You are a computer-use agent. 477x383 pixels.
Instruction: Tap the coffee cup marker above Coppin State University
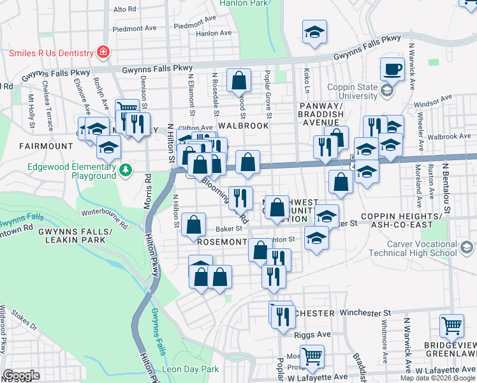[392, 69]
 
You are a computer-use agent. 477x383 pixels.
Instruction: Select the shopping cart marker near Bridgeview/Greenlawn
[451, 326]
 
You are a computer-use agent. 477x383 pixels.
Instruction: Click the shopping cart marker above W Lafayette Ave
[312, 356]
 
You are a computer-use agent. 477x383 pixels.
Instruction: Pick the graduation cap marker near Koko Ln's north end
[314, 33]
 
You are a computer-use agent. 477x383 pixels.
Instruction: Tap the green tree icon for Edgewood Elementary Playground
[126, 169]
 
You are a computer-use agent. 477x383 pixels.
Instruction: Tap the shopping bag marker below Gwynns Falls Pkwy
[238, 80]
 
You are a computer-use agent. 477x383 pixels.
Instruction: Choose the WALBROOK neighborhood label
[243, 126]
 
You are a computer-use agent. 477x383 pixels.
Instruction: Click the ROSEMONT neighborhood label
[221, 243]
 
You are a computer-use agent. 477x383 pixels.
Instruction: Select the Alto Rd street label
[124, 10]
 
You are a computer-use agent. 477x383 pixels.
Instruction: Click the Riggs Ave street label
[312, 334]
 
